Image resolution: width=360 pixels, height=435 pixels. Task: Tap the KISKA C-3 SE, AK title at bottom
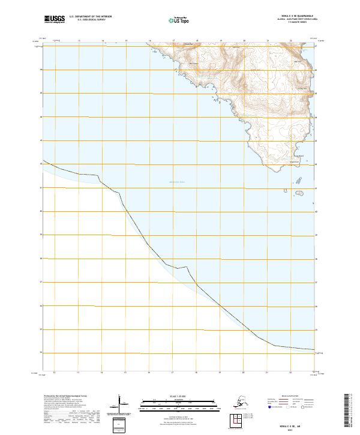coord(290,423)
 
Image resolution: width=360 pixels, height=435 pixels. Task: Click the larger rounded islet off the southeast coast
coord(304,193)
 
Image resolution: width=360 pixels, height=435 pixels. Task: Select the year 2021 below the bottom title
coord(290,428)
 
